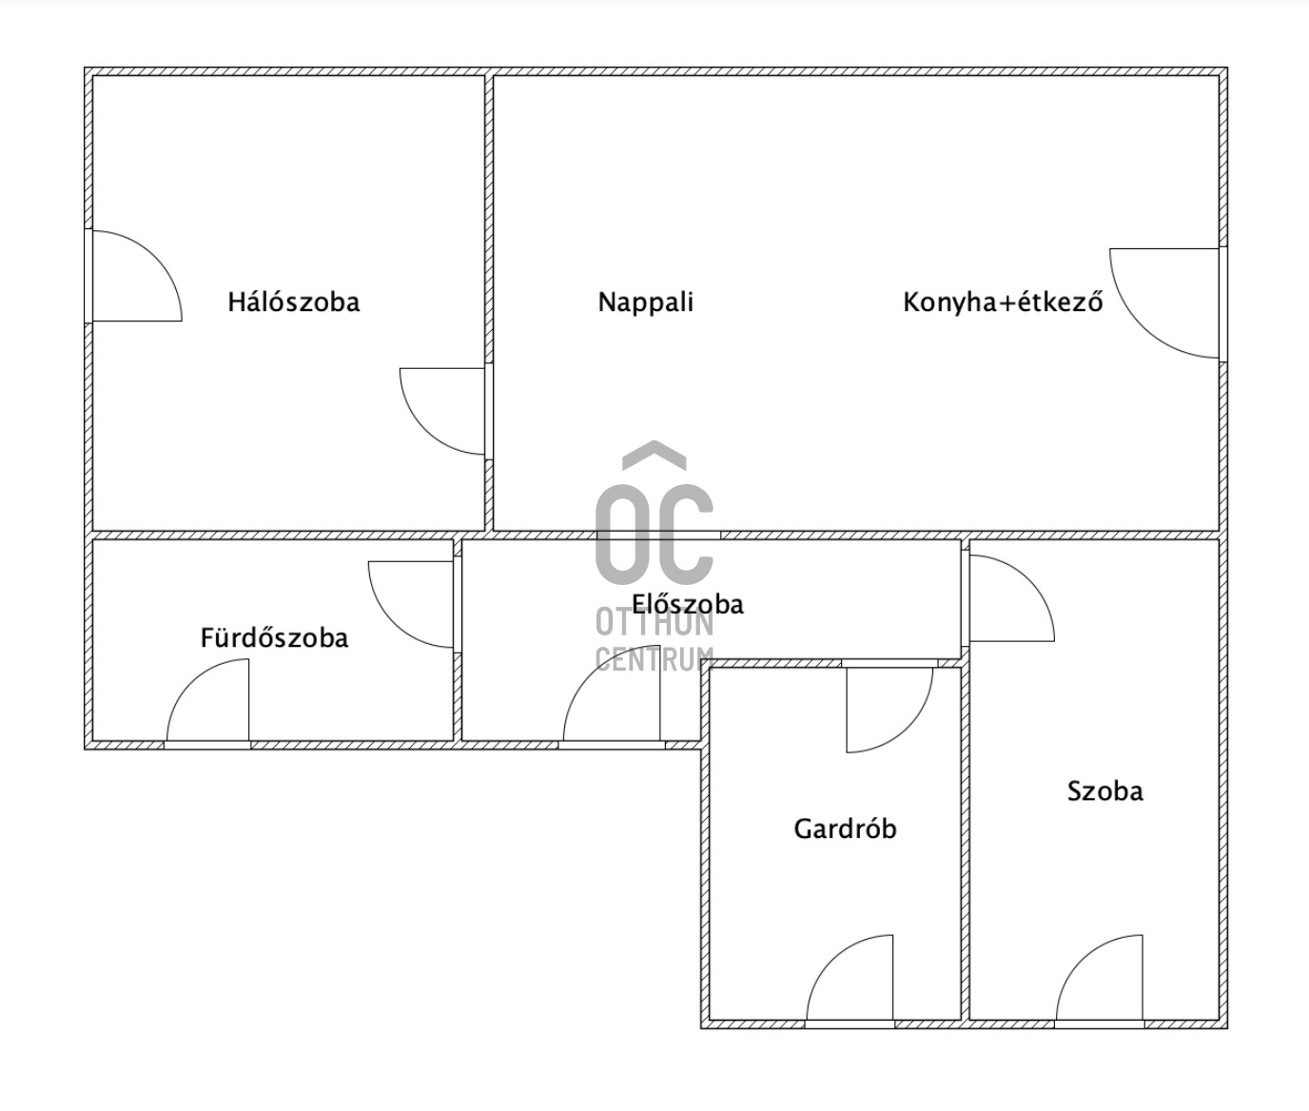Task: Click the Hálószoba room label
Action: (294, 302)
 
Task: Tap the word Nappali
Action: (645, 302)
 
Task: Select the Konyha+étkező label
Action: (1003, 302)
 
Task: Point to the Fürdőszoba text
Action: (274, 637)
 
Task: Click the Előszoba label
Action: (688, 604)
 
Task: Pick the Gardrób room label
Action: (846, 828)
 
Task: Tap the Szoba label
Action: (1105, 790)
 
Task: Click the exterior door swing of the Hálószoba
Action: (156, 257)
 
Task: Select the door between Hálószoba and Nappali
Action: (424, 431)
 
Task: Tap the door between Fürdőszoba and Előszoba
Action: (393, 624)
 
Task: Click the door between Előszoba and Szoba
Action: (1029, 581)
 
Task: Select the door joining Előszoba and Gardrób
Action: (908, 728)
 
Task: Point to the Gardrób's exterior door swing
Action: (832, 961)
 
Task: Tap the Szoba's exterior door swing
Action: (1083, 961)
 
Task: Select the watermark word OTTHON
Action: (654, 624)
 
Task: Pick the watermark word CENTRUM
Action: (654, 659)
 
